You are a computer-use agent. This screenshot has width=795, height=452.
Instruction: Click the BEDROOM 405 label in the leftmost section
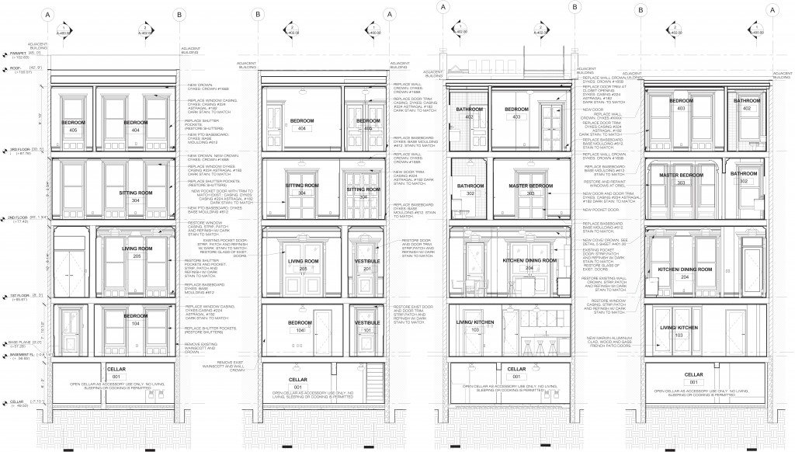tap(74, 127)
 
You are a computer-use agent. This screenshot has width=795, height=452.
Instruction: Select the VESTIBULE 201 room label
tap(366, 264)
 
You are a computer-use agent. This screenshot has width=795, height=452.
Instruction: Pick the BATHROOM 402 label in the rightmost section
tap(747, 105)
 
